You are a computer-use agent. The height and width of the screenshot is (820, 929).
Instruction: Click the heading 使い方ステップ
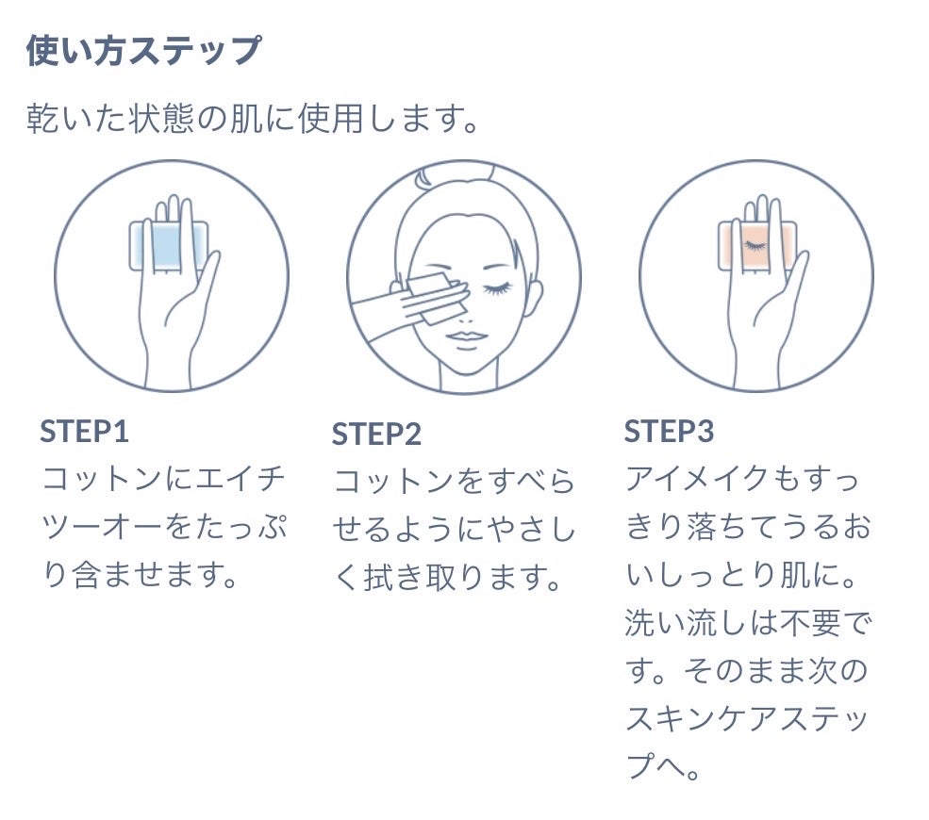click(x=143, y=50)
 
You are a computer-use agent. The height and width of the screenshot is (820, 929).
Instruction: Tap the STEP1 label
click(x=84, y=431)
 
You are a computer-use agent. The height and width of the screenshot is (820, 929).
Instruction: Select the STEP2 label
click(x=376, y=434)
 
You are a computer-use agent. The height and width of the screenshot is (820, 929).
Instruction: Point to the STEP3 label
click(x=669, y=431)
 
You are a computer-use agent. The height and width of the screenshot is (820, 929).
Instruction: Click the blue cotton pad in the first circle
click(x=168, y=246)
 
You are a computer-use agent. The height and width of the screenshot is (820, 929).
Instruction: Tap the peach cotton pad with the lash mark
click(x=757, y=246)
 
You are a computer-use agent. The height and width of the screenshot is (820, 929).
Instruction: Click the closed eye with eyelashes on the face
click(x=498, y=288)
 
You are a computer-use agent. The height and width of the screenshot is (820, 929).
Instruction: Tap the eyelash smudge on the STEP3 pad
click(x=755, y=245)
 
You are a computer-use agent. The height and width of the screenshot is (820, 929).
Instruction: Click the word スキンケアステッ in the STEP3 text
click(x=747, y=718)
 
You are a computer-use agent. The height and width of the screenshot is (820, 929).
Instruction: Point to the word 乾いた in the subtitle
click(x=76, y=118)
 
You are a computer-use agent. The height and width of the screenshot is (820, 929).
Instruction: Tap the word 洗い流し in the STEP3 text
click(x=686, y=622)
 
